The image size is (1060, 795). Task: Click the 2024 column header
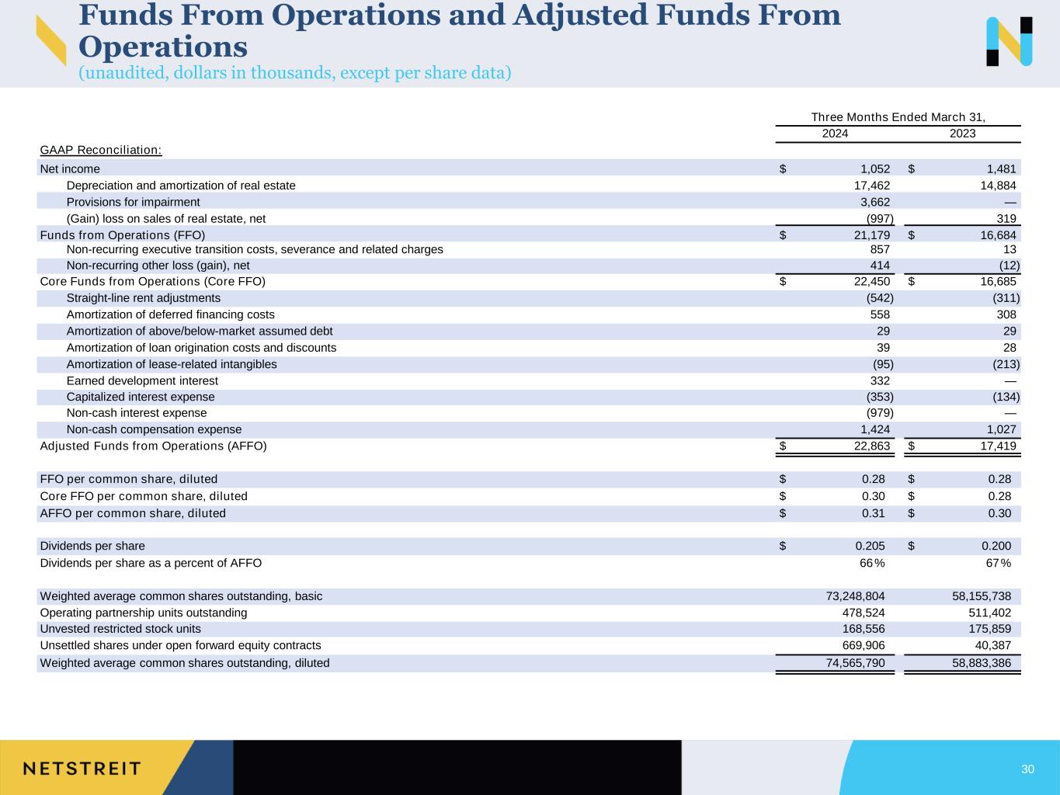[835, 134]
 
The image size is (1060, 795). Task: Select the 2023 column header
[962, 134]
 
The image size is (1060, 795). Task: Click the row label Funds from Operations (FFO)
[123, 234]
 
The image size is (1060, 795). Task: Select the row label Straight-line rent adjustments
[144, 298]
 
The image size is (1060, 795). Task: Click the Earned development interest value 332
[880, 380]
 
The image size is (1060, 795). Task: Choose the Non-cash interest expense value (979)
[880, 413]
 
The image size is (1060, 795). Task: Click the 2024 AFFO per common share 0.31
[874, 513]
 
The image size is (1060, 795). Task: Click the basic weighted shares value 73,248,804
[855, 596]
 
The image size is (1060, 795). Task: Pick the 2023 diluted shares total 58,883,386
[982, 663]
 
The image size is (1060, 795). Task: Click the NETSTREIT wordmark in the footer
[82, 769]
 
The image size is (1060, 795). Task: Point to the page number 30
[1027, 769]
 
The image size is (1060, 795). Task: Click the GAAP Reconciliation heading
[101, 150]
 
